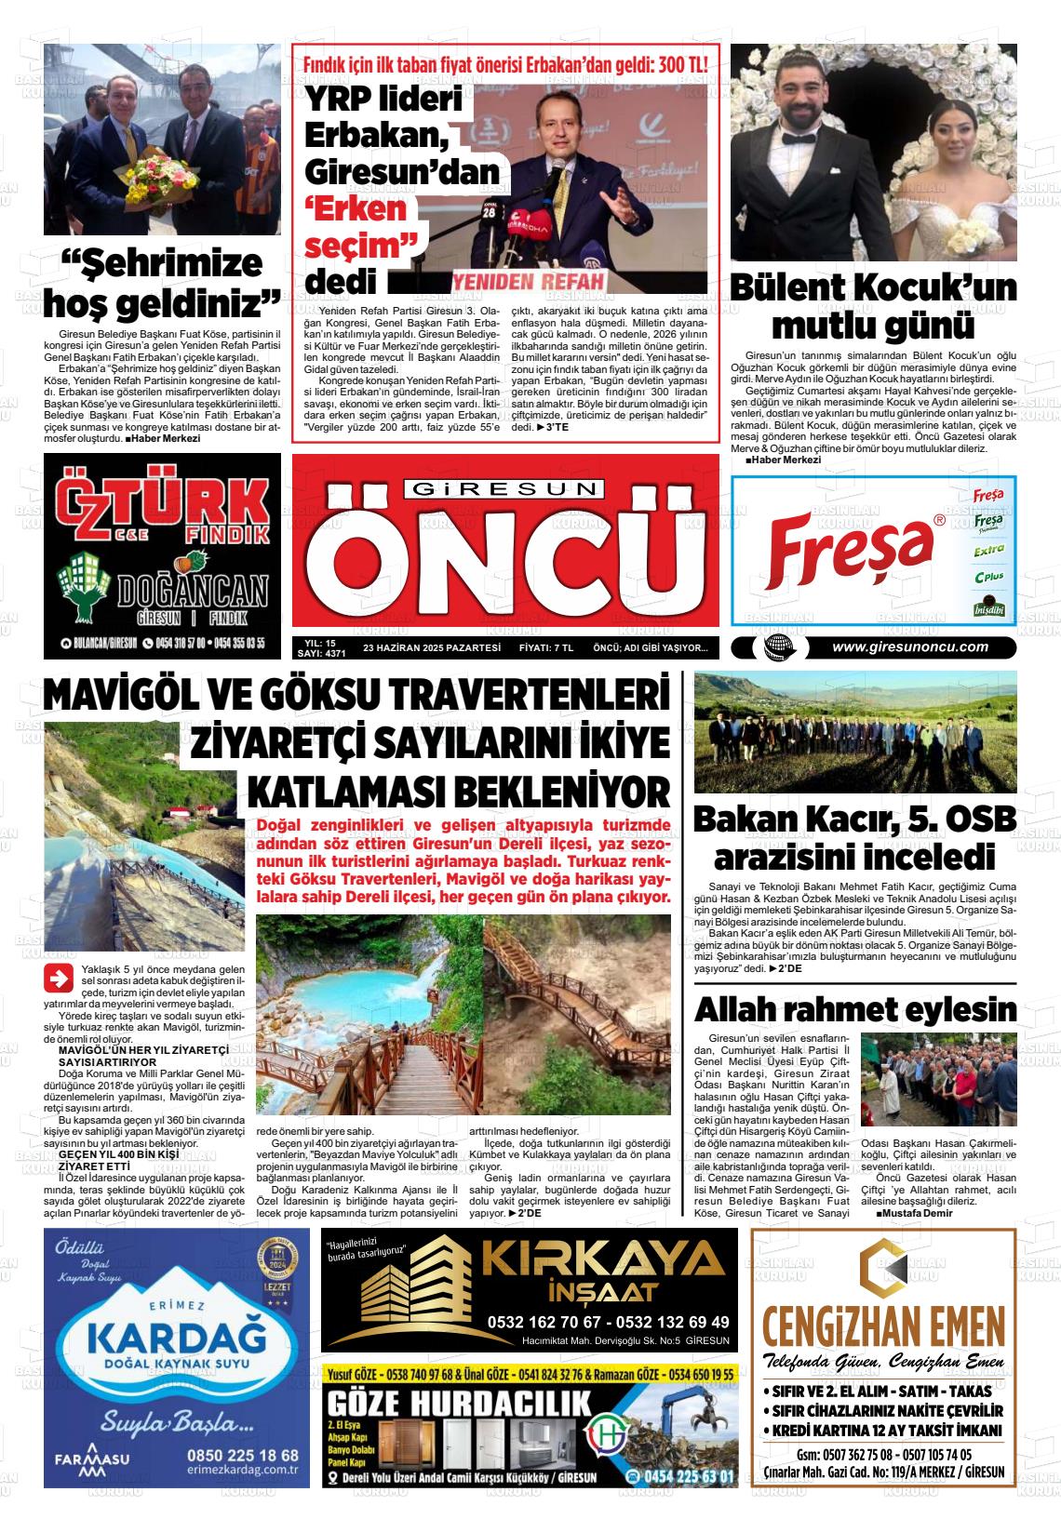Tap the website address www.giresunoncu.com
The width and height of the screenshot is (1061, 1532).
click(909, 648)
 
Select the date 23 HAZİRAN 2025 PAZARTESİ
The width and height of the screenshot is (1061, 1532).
click(432, 647)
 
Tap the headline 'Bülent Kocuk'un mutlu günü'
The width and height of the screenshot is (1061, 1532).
click(872, 307)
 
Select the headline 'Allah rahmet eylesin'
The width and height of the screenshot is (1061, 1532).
click(855, 1008)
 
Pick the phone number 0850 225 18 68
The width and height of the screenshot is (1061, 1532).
click(242, 1455)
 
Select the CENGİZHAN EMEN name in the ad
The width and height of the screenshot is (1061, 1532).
click(881, 1324)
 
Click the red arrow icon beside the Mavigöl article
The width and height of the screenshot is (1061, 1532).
click(59, 979)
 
